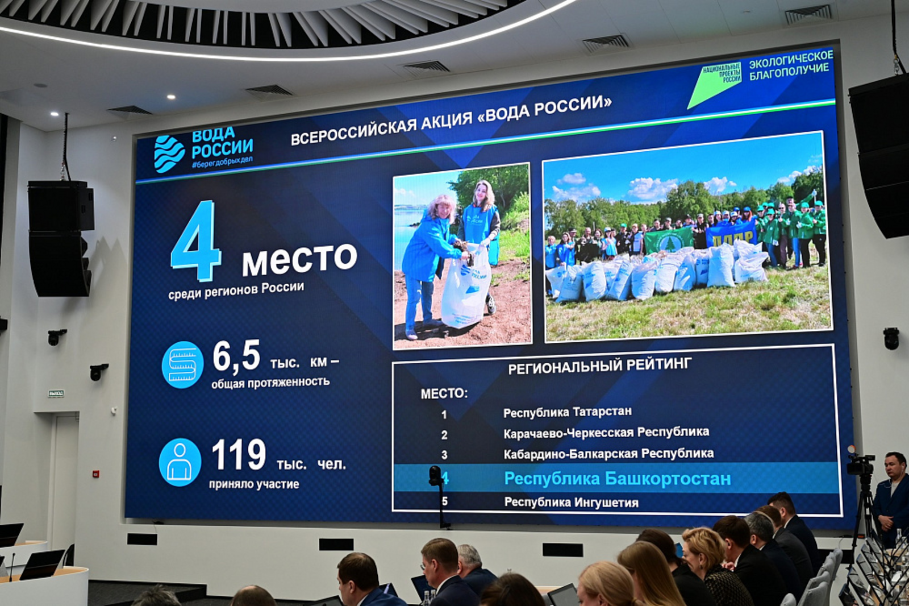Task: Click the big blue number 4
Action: click(196, 241)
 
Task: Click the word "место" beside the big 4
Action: click(299, 259)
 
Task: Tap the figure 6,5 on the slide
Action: click(236, 356)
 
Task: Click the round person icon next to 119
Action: click(180, 462)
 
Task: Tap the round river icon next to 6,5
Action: click(182, 364)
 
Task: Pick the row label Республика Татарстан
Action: click(567, 412)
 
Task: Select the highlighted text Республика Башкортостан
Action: click(617, 479)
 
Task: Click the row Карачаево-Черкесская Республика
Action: click(606, 433)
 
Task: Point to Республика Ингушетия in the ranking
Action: click(571, 502)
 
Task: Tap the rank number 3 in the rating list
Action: click(444, 455)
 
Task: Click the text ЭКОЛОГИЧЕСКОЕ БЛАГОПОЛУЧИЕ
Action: click(790, 65)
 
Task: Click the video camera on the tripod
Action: click(860, 464)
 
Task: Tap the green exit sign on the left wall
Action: click(56, 393)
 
